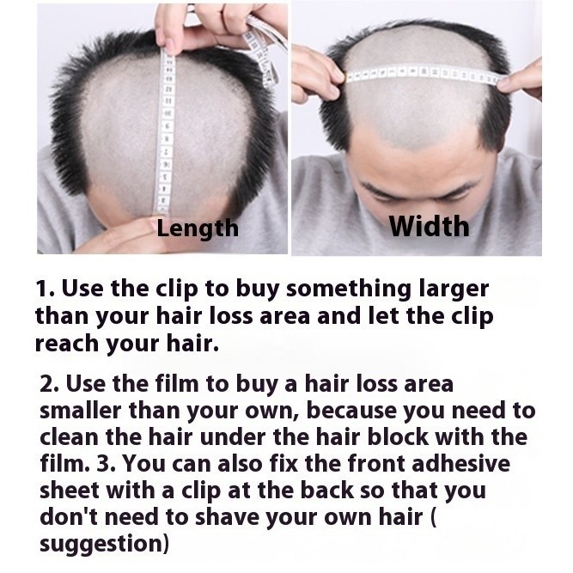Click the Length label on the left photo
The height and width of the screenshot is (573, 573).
pos(198,229)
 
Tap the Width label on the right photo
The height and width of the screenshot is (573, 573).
pos(429,226)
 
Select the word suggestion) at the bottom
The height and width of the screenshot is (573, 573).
pos(105,545)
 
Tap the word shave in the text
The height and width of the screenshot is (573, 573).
pos(227,517)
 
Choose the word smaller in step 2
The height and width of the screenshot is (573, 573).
pos(81,411)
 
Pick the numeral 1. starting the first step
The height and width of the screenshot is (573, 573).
pos(46,289)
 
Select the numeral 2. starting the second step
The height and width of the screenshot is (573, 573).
pos(49,384)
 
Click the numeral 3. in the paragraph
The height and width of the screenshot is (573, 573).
pos(107,463)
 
